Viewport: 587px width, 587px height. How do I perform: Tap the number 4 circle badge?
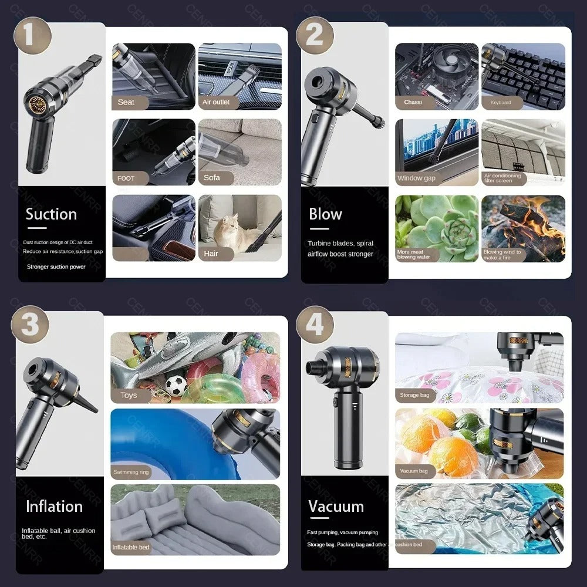(x=315, y=324)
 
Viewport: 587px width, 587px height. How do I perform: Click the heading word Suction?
(x=51, y=214)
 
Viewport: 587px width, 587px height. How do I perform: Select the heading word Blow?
(x=325, y=214)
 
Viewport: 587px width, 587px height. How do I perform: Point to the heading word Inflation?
(x=54, y=506)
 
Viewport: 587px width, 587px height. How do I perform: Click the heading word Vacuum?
(x=336, y=506)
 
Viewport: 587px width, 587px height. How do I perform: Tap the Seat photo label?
(x=126, y=102)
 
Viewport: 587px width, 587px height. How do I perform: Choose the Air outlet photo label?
(x=216, y=102)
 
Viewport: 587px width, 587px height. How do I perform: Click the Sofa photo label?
(x=212, y=177)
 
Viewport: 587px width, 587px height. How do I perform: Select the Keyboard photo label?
(x=501, y=102)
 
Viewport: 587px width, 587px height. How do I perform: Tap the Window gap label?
(x=416, y=178)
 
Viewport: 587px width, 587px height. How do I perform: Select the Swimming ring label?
(x=131, y=472)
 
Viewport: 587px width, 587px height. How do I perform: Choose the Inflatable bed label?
(x=131, y=547)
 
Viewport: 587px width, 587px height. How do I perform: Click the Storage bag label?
(x=414, y=395)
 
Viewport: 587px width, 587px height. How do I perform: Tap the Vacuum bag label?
(x=414, y=471)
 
